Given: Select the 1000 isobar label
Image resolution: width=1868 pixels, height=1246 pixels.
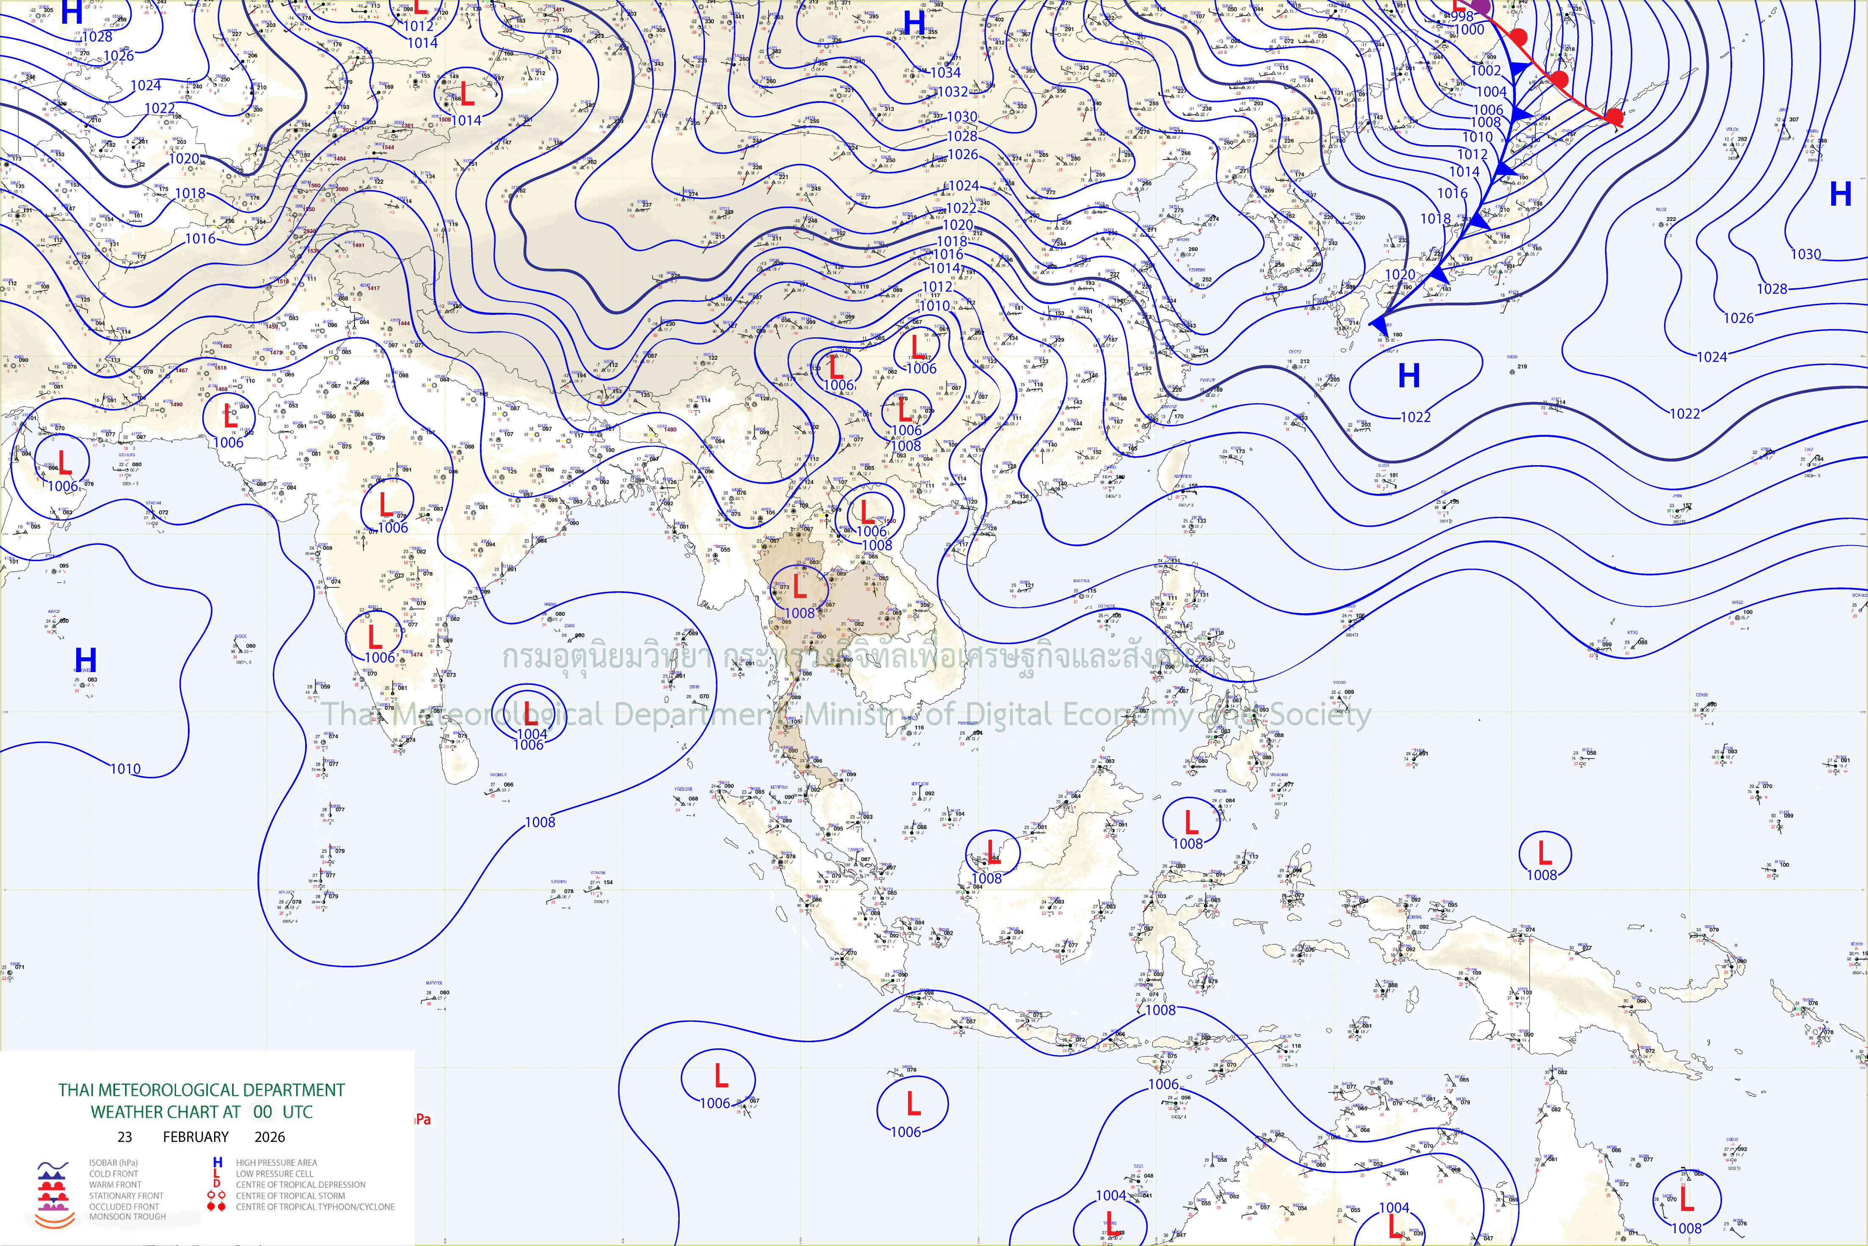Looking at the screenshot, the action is pyautogui.click(x=1469, y=30).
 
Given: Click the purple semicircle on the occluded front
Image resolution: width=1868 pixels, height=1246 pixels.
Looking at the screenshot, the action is pyautogui.click(x=1480, y=6).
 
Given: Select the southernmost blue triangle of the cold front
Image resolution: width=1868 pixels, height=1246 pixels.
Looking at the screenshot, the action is pyautogui.click(x=1380, y=324).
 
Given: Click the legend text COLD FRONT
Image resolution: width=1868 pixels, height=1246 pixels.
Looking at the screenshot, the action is pyautogui.click(x=113, y=1174).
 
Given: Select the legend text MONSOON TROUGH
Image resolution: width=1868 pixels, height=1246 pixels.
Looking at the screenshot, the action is pyautogui.click(x=127, y=1217).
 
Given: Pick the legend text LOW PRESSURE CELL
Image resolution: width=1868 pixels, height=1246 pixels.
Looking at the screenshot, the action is pyautogui.click(x=274, y=1174).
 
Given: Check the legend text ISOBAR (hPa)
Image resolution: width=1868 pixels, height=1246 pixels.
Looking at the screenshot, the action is pyautogui.click(x=113, y=1163).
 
